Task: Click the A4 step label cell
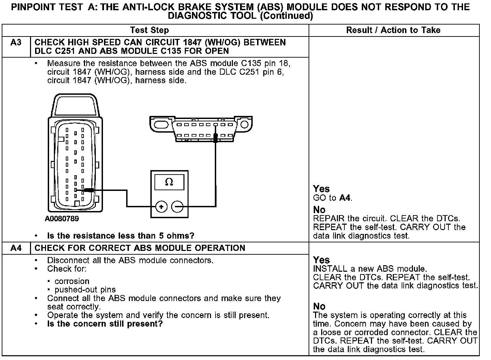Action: tap(16, 248)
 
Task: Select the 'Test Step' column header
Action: tap(149, 30)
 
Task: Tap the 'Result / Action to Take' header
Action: tap(393, 30)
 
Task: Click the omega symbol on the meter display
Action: tap(169, 182)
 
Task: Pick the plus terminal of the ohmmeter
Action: tap(161, 207)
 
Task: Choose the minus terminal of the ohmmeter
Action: tap(177, 207)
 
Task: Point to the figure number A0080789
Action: tap(62, 219)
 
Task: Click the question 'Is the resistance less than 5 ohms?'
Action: tap(121, 236)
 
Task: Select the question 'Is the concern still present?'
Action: tap(105, 324)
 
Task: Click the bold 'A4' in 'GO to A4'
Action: tap(345, 198)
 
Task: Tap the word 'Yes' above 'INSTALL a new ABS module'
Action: tap(321, 260)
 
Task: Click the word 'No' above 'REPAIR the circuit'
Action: tap(319, 210)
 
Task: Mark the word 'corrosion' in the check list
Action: tap(72, 281)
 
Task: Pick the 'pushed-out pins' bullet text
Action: tap(85, 290)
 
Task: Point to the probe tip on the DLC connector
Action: tap(215, 137)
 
